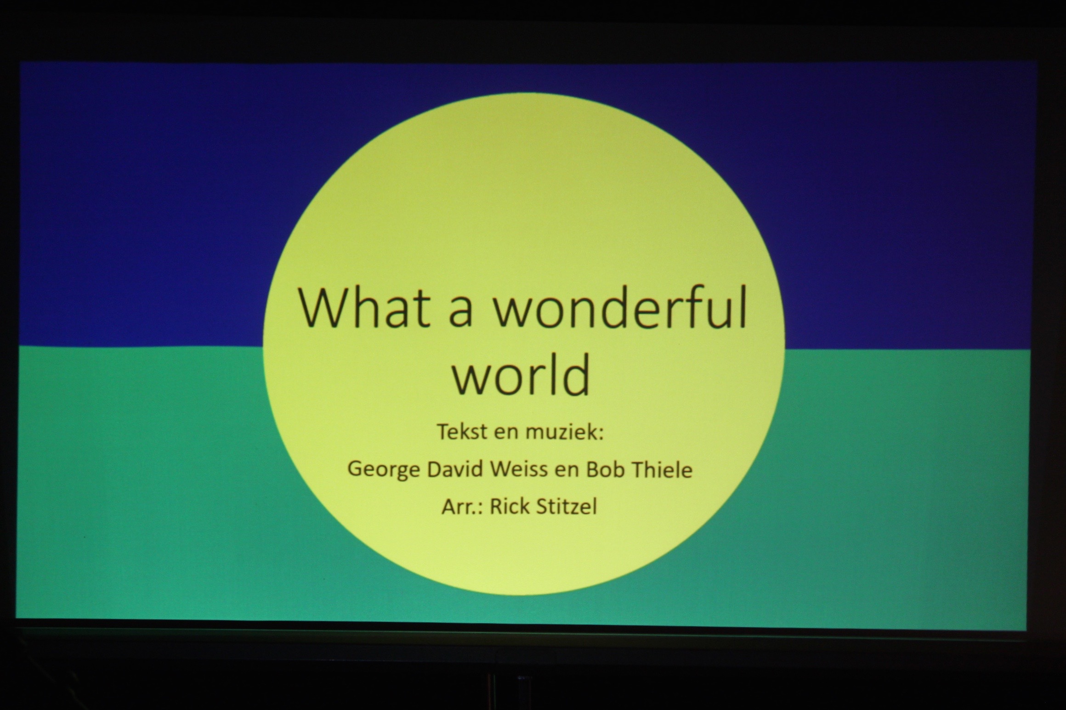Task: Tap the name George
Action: click(x=384, y=470)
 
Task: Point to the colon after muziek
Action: click(x=601, y=434)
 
